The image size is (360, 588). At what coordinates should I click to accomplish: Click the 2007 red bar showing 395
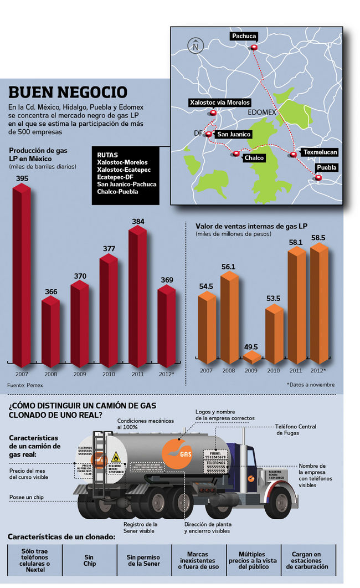coord(22,277)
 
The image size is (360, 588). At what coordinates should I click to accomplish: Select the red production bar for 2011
coord(138,299)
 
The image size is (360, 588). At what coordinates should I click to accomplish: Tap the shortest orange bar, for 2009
coord(251,357)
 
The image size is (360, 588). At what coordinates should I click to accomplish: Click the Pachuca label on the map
coord(244,37)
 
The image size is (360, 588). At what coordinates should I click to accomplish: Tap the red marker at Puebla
coord(317,177)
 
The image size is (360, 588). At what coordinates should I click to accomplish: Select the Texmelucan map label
coord(320,152)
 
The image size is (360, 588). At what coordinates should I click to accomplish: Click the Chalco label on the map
coord(254,158)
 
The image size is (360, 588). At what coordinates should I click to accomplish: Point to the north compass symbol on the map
coord(195,47)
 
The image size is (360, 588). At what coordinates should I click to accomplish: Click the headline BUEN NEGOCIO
coord(68,92)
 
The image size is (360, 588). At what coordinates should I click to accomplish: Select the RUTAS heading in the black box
coord(107,155)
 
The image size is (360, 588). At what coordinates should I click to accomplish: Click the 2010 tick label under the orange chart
coord(273,370)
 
